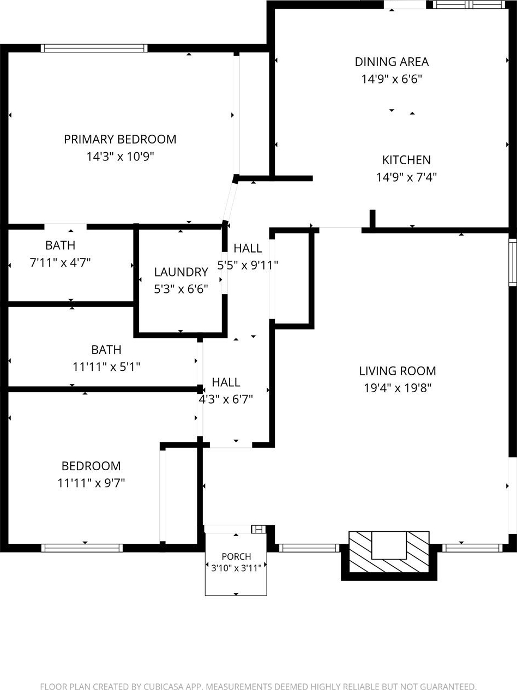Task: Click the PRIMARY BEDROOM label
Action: click(x=120, y=139)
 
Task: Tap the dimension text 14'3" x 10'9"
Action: click(x=120, y=156)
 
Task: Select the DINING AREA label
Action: click(x=392, y=62)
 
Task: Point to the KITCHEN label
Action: click(x=406, y=160)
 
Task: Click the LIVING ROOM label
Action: click(x=398, y=371)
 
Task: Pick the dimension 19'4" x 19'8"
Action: click(x=398, y=388)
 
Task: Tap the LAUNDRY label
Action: click(x=181, y=272)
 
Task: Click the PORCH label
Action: click(x=236, y=557)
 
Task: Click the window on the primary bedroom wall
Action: click(x=94, y=48)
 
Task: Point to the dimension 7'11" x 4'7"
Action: click(x=60, y=262)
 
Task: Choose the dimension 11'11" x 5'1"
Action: click(x=106, y=367)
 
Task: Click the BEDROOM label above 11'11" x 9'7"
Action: click(x=91, y=466)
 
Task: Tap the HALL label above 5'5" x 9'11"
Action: click(x=248, y=248)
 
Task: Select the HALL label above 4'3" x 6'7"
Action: click(x=226, y=382)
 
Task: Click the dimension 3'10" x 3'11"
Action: click(x=236, y=568)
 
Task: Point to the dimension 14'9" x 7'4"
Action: click(x=407, y=177)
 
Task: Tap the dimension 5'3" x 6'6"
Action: click(x=181, y=289)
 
